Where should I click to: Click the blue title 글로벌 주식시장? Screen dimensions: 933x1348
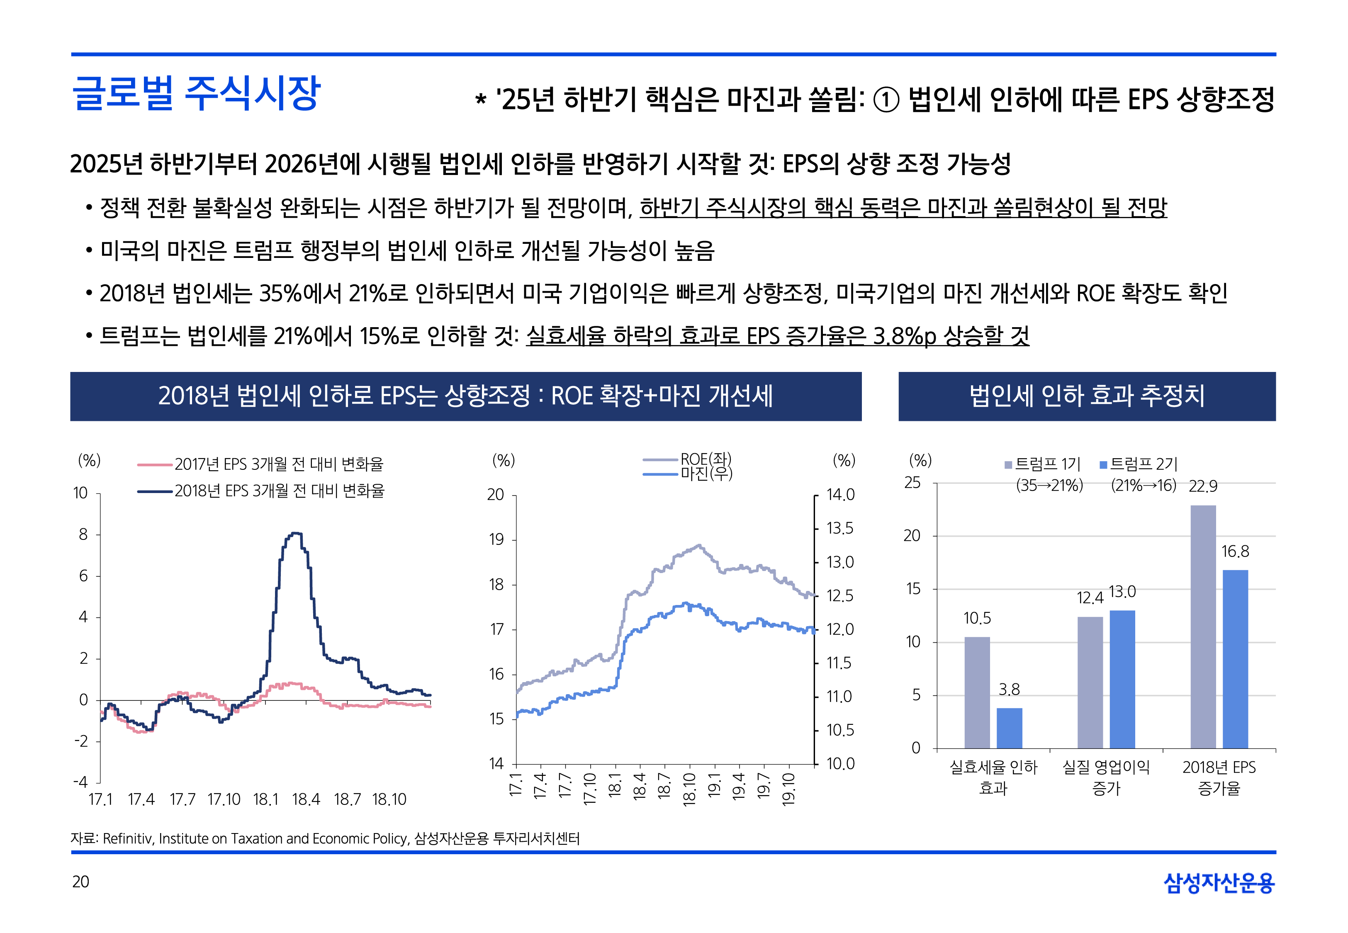pos(195,94)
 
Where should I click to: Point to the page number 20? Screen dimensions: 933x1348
pos(80,882)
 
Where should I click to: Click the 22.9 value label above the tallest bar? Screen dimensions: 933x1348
pos(1203,486)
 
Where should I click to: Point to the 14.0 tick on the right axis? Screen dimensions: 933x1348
pos(840,495)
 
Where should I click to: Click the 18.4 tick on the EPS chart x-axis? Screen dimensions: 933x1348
pos(306,799)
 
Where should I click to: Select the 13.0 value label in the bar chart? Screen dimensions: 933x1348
pos(1122,592)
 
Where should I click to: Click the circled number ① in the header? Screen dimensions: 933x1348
pos(886,100)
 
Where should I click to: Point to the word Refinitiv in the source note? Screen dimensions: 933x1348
pos(128,838)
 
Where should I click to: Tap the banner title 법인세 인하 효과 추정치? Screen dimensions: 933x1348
pos(1087,396)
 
